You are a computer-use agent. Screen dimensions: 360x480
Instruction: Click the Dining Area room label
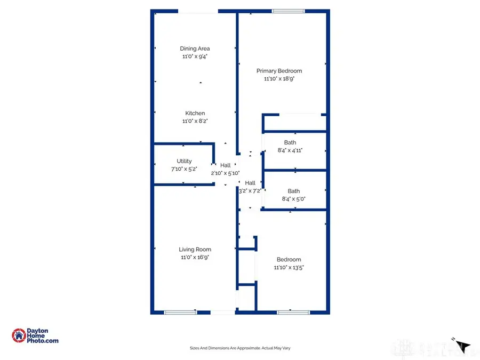point(195,49)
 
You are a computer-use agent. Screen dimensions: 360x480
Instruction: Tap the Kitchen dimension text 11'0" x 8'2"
point(195,121)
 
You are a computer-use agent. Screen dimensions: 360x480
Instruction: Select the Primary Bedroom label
point(279,71)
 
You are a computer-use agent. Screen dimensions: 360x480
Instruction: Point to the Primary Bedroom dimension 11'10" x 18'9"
point(279,79)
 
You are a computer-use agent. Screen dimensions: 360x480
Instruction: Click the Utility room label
point(184,161)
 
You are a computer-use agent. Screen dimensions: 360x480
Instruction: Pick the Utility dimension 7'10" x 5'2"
point(184,169)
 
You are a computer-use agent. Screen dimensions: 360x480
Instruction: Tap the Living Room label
point(195,249)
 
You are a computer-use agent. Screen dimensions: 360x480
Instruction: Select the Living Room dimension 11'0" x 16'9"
point(195,257)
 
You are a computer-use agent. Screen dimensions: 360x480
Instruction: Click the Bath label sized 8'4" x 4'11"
point(290,142)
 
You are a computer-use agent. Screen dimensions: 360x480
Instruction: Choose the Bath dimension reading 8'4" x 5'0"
point(290,199)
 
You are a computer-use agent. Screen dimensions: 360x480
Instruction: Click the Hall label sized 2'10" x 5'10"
point(225,165)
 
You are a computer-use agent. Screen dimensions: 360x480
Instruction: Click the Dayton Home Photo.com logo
point(35,335)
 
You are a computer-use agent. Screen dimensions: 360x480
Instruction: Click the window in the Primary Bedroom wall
point(288,11)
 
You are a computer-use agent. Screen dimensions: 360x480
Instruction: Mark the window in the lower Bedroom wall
point(293,313)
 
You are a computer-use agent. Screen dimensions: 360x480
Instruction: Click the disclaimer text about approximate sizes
point(239,348)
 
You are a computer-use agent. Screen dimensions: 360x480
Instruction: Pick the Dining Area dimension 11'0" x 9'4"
point(195,57)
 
